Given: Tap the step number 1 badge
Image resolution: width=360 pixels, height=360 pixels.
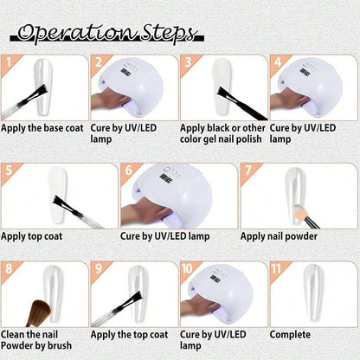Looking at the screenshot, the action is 9,62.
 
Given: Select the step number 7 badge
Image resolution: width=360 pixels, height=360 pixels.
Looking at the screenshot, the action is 248,170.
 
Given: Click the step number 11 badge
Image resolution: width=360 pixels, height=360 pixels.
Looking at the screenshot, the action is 276,269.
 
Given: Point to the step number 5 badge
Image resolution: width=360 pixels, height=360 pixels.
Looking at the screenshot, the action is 9,170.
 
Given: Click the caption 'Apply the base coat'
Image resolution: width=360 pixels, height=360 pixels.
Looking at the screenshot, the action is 42,128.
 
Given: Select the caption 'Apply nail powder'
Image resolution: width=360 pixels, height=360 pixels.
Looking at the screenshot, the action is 279,236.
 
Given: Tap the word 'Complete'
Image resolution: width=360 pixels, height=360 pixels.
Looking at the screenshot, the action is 290,335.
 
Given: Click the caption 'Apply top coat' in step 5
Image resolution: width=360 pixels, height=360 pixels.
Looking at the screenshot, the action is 32,236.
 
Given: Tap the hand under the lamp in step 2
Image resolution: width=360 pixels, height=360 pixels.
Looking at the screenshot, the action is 109,100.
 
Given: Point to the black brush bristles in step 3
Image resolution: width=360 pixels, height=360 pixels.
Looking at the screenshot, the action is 226,95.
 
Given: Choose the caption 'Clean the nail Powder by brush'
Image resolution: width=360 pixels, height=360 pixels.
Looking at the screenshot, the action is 36,340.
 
